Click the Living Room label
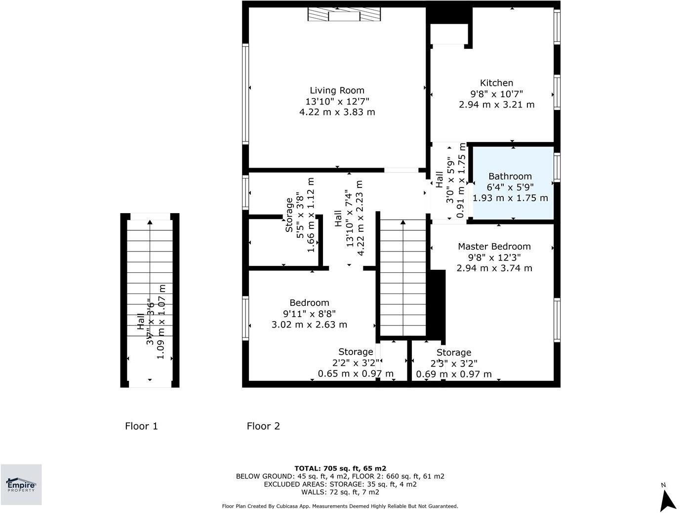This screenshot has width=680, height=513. (337, 90)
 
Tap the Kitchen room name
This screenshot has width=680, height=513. (496, 83)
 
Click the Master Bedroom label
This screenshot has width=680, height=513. (494, 246)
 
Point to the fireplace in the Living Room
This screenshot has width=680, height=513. (344, 15)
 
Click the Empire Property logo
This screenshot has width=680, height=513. (21, 484)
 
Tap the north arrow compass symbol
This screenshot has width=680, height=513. (667, 498)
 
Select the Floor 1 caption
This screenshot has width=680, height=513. (141, 426)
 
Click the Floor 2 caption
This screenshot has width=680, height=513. (263, 426)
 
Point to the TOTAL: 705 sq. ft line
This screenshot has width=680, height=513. (340, 469)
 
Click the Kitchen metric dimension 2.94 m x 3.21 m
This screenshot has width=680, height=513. (496, 105)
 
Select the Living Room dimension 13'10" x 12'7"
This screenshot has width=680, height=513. (337, 101)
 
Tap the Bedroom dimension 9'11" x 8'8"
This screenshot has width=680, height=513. (309, 314)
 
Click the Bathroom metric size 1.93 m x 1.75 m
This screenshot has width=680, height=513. (510, 198)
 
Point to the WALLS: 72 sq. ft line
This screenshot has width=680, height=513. (340, 492)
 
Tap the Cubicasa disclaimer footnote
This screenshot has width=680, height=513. (340, 506)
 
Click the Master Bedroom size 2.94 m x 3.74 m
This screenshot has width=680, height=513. (494, 268)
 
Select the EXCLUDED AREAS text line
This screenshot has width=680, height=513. (340, 484)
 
